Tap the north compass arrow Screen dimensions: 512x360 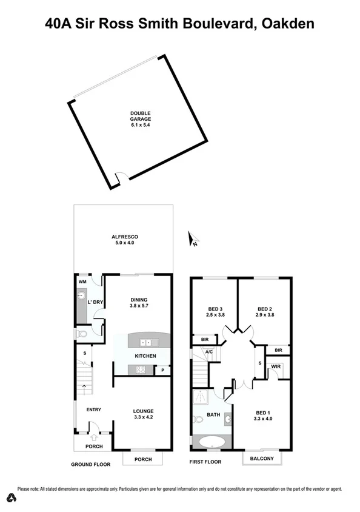pos(193,240)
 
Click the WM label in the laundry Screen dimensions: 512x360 pos(82,282)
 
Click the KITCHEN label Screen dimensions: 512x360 pos(145,356)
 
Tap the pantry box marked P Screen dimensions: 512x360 pos(162,370)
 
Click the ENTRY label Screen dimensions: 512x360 pos(93,410)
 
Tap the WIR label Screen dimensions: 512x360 pos(276,367)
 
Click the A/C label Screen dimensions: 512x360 pos(208,351)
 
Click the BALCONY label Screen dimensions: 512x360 pos(262,459)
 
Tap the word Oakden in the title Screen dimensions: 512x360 pos(288,24)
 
